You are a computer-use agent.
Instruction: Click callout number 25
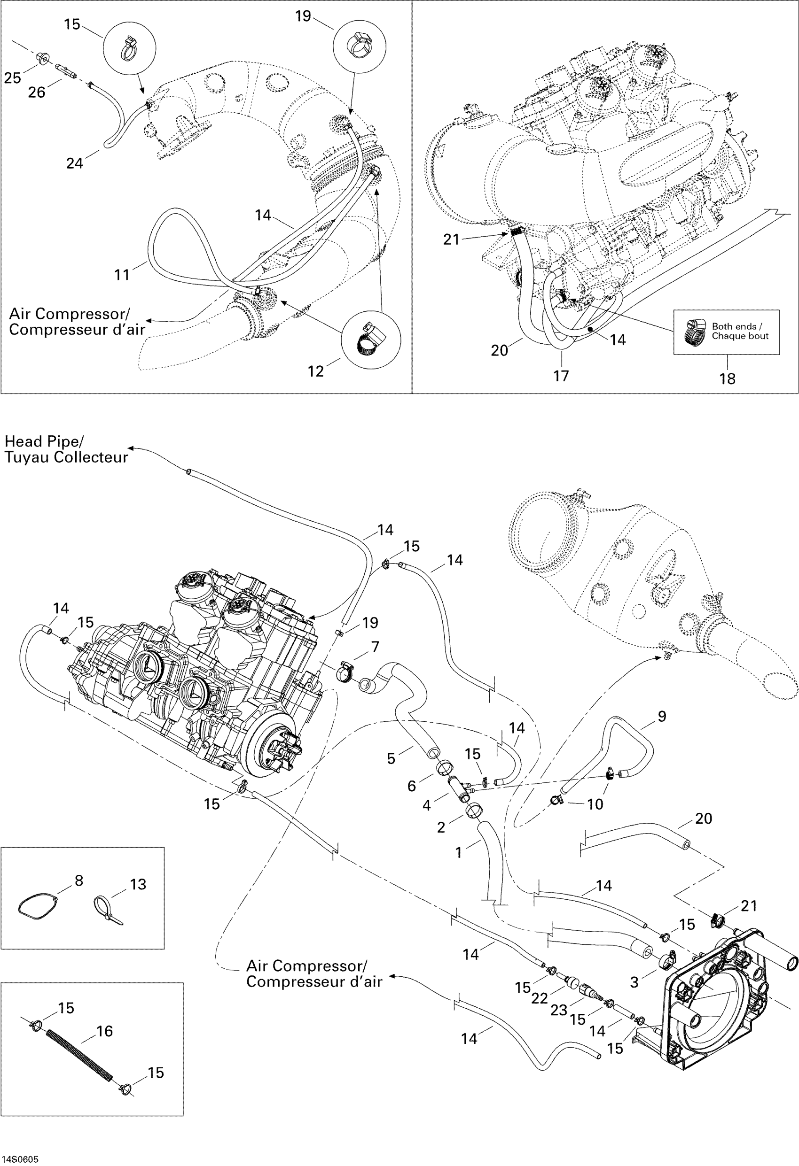13,78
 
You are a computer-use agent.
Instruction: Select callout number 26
36,93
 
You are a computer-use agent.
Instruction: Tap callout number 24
74,163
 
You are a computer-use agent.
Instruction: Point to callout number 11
122,274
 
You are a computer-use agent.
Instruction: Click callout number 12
315,371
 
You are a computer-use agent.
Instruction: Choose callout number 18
727,379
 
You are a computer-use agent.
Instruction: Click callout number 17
561,376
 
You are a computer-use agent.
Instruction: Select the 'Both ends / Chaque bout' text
740,331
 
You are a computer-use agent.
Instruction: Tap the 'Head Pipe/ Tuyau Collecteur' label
66,449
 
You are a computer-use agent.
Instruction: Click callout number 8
78,880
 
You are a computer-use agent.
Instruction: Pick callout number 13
138,884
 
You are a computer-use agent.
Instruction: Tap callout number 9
662,717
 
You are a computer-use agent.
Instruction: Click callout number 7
375,647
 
